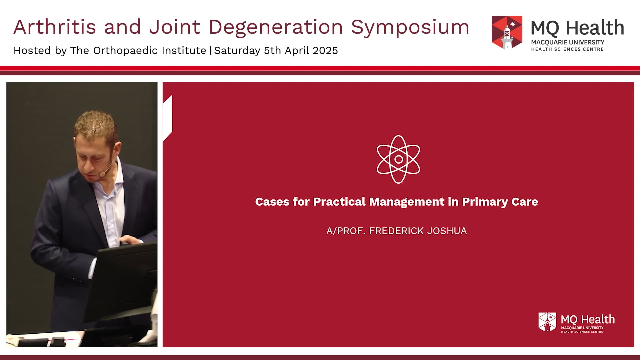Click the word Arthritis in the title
pos(55,27)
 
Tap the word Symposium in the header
pos(410,27)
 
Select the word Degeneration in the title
pos(276,27)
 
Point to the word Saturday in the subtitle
pos(237,51)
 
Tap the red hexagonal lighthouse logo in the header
pos(507,32)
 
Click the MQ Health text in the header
pos(577,28)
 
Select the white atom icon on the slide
pos(398,159)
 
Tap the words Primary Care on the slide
pos(500,202)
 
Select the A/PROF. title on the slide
pos(346,231)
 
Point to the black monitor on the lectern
pos(123,280)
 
